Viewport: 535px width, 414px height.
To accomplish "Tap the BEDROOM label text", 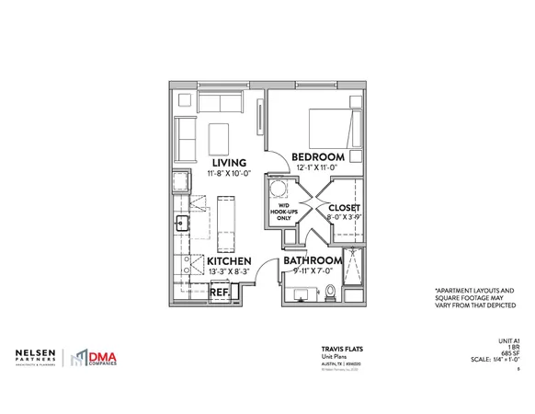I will [318, 157].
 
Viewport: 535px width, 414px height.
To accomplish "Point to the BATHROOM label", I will [312, 260].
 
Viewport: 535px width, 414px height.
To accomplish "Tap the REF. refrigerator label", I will [220, 293].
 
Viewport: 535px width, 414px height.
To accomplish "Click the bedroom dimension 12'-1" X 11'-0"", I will [318, 170].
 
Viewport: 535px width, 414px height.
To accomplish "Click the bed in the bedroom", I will [334, 127].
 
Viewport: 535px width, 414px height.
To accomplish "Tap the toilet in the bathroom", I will [331, 293].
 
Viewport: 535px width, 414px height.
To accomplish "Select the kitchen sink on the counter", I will [182, 223].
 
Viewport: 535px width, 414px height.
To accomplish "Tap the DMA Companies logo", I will [101, 356].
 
